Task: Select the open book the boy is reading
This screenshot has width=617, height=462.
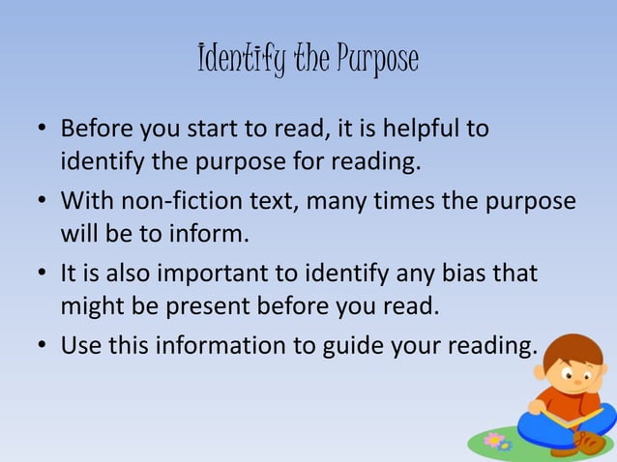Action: [562, 419]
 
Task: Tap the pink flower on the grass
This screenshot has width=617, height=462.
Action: [495, 441]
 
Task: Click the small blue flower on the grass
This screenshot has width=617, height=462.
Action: [505, 447]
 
